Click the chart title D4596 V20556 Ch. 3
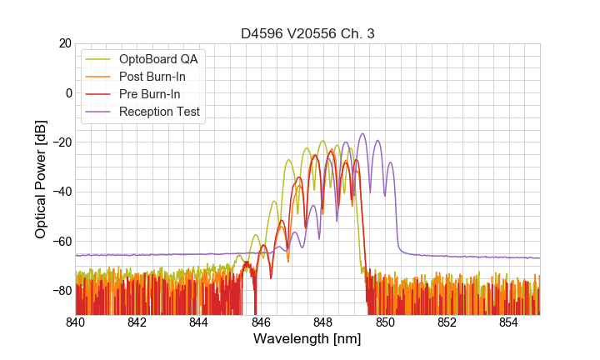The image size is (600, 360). [x=307, y=33]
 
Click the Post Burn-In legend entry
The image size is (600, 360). [x=164, y=77]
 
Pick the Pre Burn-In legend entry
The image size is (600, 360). [x=162, y=94]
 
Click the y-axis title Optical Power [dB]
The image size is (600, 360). [x=41, y=179]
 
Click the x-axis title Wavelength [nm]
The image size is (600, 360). [x=307, y=340]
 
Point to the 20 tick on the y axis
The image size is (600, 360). [x=62, y=43]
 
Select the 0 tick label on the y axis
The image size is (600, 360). [x=67, y=92]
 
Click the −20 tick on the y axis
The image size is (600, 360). [x=60, y=142]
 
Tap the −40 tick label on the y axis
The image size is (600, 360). [x=60, y=192]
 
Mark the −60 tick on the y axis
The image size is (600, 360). [x=60, y=241]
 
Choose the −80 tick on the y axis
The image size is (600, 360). [x=60, y=291]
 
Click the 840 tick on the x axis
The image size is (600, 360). [x=76, y=322]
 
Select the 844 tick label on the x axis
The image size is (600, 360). [x=199, y=322]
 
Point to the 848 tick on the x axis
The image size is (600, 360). [x=323, y=322]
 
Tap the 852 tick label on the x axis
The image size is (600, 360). [x=447, y=322]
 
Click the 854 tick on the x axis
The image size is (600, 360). [x=508, y=322]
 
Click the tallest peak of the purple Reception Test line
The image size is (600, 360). [x=362, y=133]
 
